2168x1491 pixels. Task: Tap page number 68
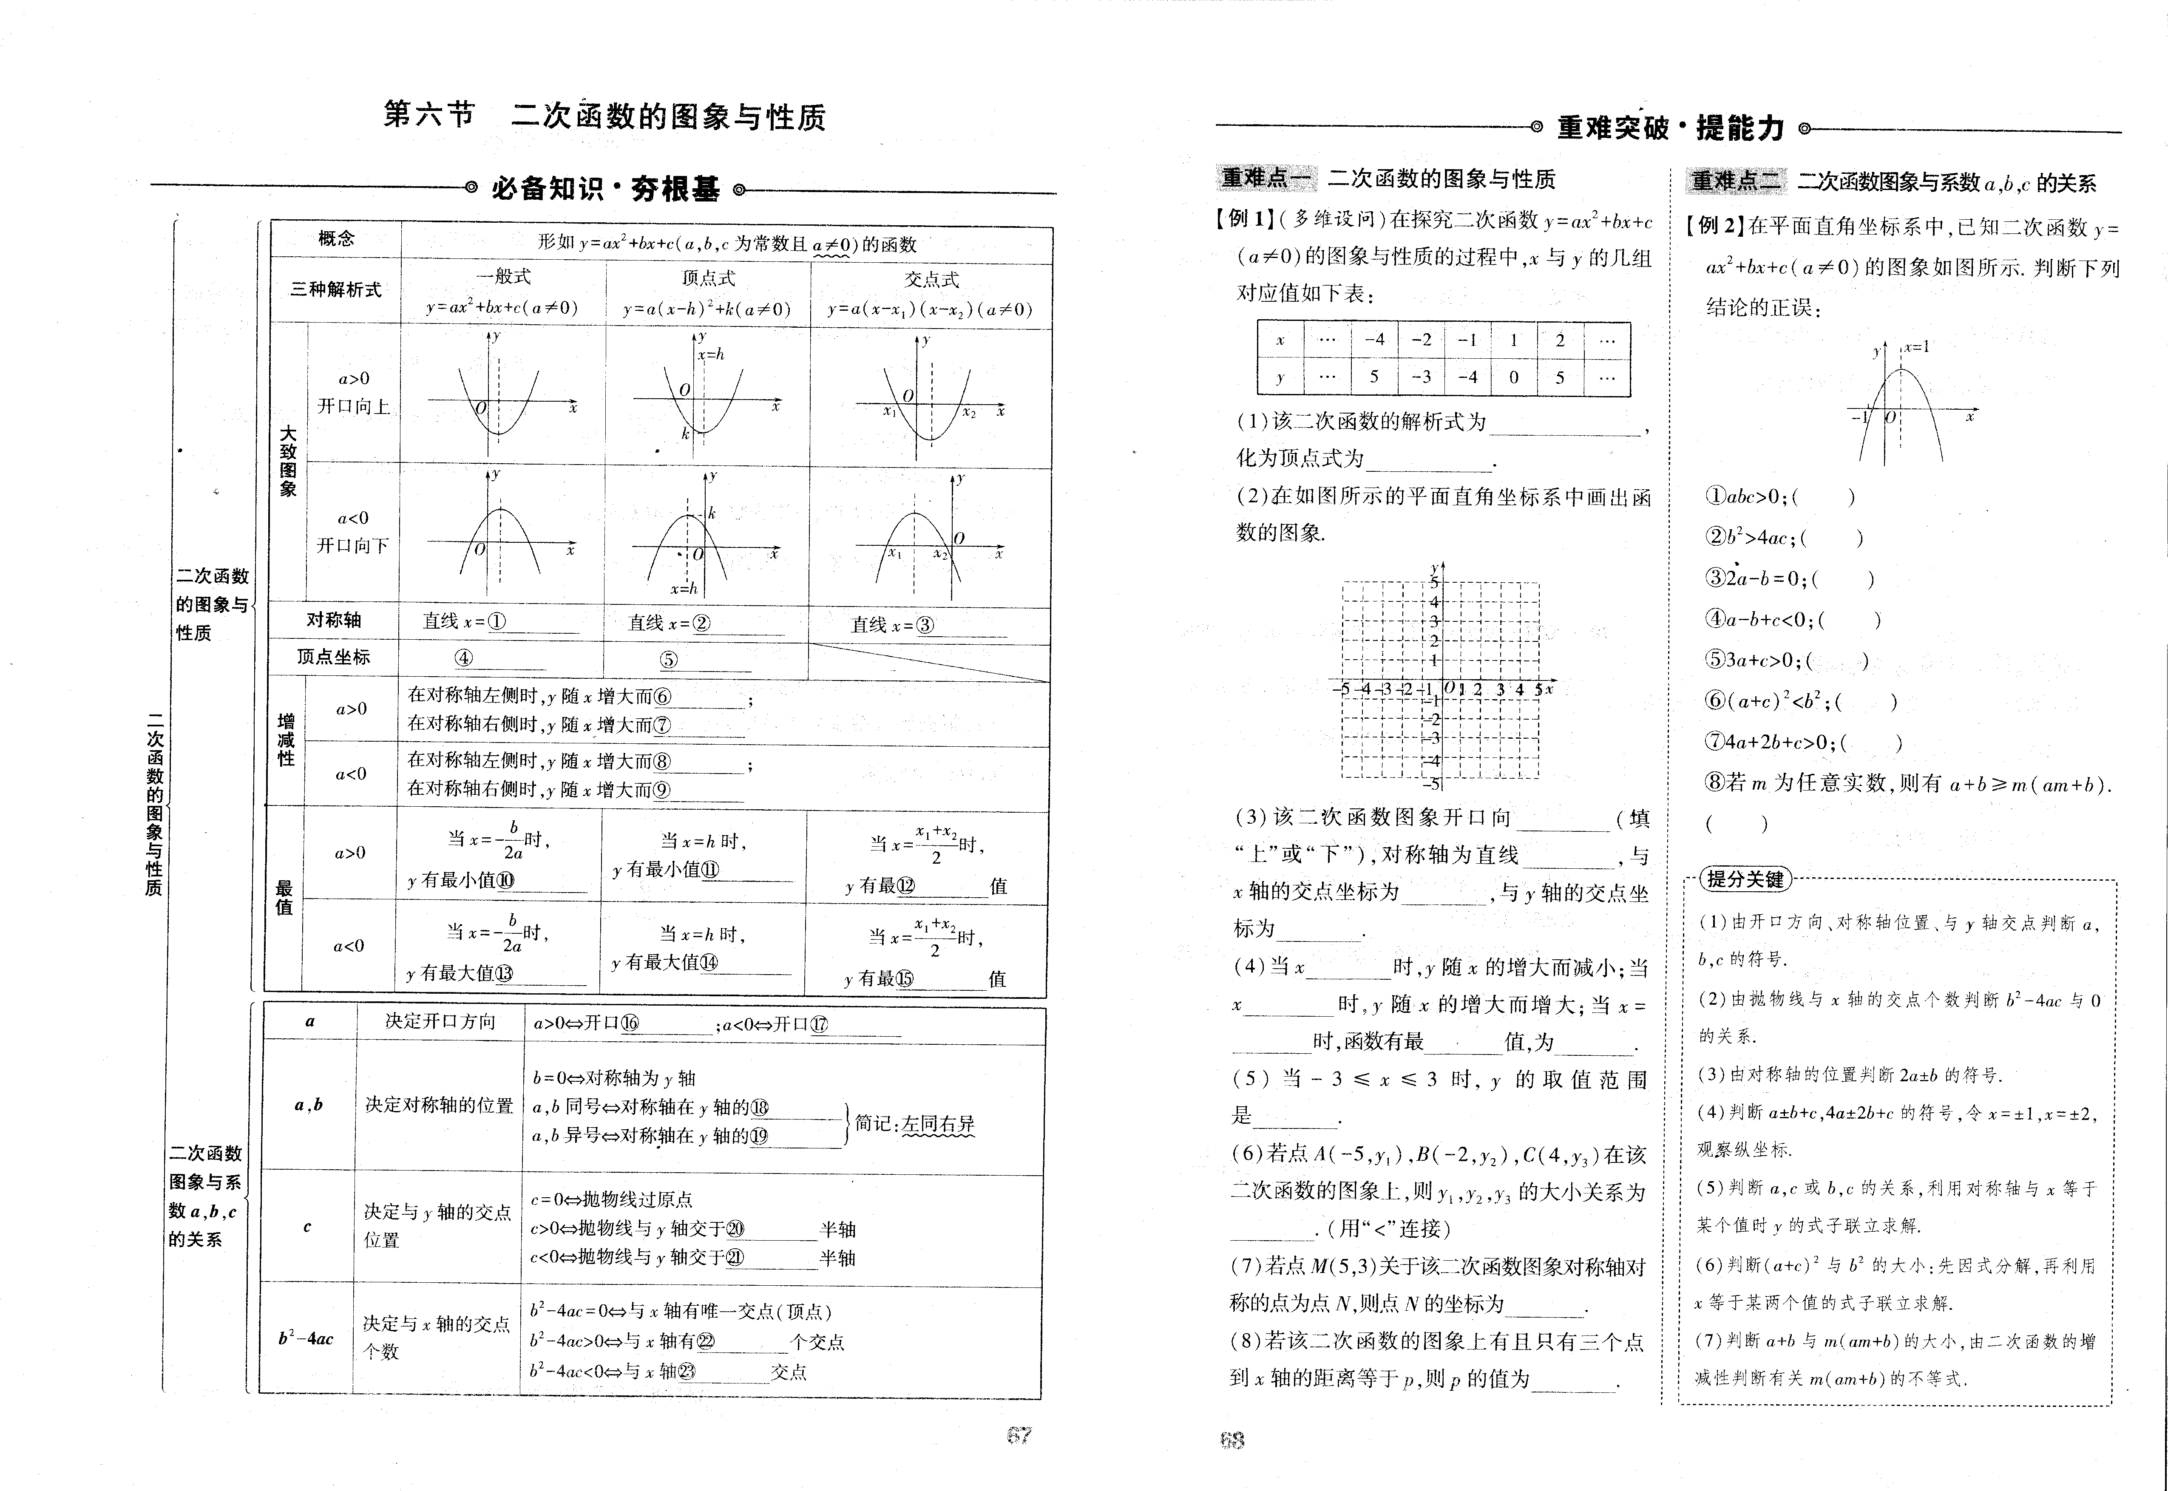tap(1232, 1440)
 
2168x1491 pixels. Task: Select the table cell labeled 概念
tap(336, 239)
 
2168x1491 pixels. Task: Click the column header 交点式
tap(931, 279)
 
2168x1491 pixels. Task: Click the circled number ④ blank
tap(464, 658)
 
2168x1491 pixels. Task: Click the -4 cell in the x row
tap(1374, 340)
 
